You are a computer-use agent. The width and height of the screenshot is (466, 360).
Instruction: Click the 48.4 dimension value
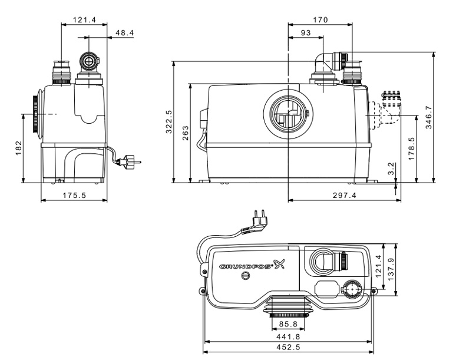tap(124, 33)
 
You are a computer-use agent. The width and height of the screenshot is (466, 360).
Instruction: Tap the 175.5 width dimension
tap(74, 196)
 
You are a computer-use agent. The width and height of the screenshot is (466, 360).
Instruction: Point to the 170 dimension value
tap(320, 19)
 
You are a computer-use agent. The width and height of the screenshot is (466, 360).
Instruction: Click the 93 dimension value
tap(305, 33)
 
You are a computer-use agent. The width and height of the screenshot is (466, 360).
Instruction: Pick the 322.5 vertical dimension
tap(169, 123)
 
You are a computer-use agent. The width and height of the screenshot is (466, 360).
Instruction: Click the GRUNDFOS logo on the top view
tap(247, 267)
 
